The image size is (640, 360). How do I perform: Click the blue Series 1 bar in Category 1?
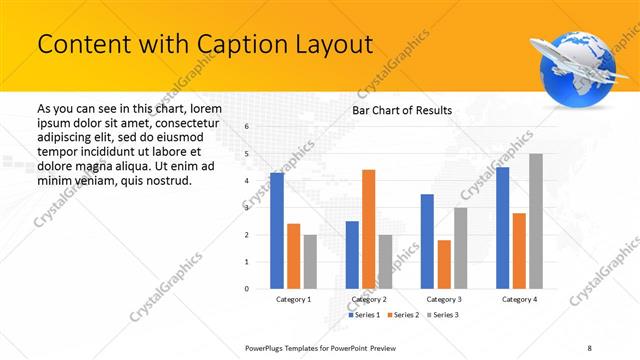[x=277, y=231]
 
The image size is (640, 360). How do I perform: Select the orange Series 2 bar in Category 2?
[x=368, y=229]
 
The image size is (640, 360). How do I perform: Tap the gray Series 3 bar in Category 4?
[x=536, y=221]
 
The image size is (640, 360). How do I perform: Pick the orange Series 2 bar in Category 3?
[x=444, y=264]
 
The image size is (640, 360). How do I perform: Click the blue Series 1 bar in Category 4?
[x=502, y=228]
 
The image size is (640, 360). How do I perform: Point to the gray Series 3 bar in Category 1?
[x=310, y=262]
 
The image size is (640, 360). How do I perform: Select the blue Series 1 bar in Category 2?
[x=352, y=255]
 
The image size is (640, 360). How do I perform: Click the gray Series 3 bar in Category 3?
[x=460, y=248]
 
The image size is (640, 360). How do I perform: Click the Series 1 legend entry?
[x=364, y=315]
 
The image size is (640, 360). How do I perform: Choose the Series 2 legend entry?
[x=402, y=315]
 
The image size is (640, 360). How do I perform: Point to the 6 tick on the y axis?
[x=247, y=127]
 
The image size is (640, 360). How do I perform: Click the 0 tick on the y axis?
[x=247, y=289]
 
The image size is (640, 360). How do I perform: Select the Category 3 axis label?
[x=443, y=299]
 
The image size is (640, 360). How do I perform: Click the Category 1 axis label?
[x=293, y=299]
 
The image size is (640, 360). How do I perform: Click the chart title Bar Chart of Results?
[x=402, y=110]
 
